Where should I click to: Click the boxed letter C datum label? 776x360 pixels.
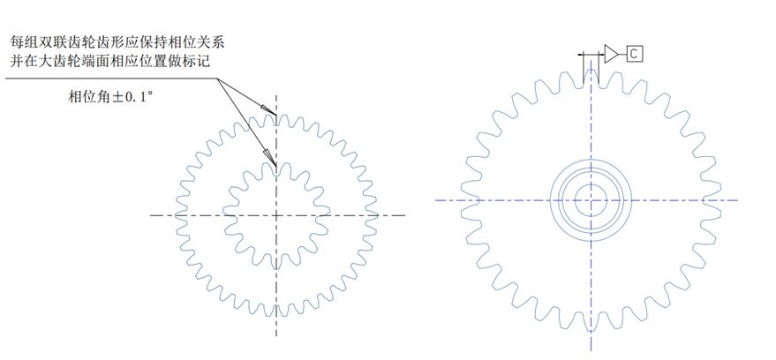[x=635, y=54]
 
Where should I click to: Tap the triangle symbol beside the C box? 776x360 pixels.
[x=611, y=54]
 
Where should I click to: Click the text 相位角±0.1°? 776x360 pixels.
[x=109, y=97]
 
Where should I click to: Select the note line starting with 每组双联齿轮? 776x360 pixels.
[x=117, y=42]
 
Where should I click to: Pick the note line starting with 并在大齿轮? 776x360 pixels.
[x=109, y=62]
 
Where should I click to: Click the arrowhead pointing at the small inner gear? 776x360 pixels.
[x=269, y=157]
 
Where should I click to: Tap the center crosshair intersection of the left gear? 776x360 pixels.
[x=276, y=215]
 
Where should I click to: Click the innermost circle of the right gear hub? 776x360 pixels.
[x=591, y=185]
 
